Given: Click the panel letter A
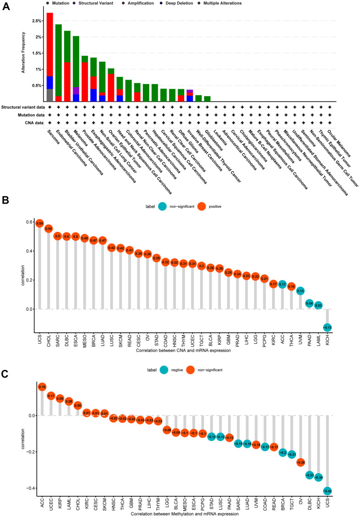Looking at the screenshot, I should pyautogui.click(x=6, y=8).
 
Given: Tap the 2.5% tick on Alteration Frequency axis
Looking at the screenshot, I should pyautogui.click(x=35, y=21).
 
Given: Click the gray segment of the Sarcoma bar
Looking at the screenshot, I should pyautogui.click(x=49, y=95).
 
